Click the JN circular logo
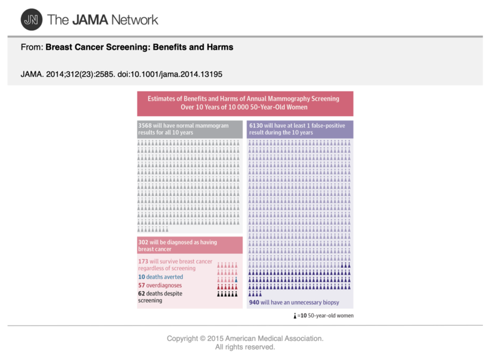(29, 20)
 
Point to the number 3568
(145, 125)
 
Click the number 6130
(257, 125)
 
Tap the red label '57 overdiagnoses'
(160, 285)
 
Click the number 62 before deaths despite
(142, 294)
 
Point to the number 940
(255, 303)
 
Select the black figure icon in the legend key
(296, 315)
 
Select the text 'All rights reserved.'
(245, 347)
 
